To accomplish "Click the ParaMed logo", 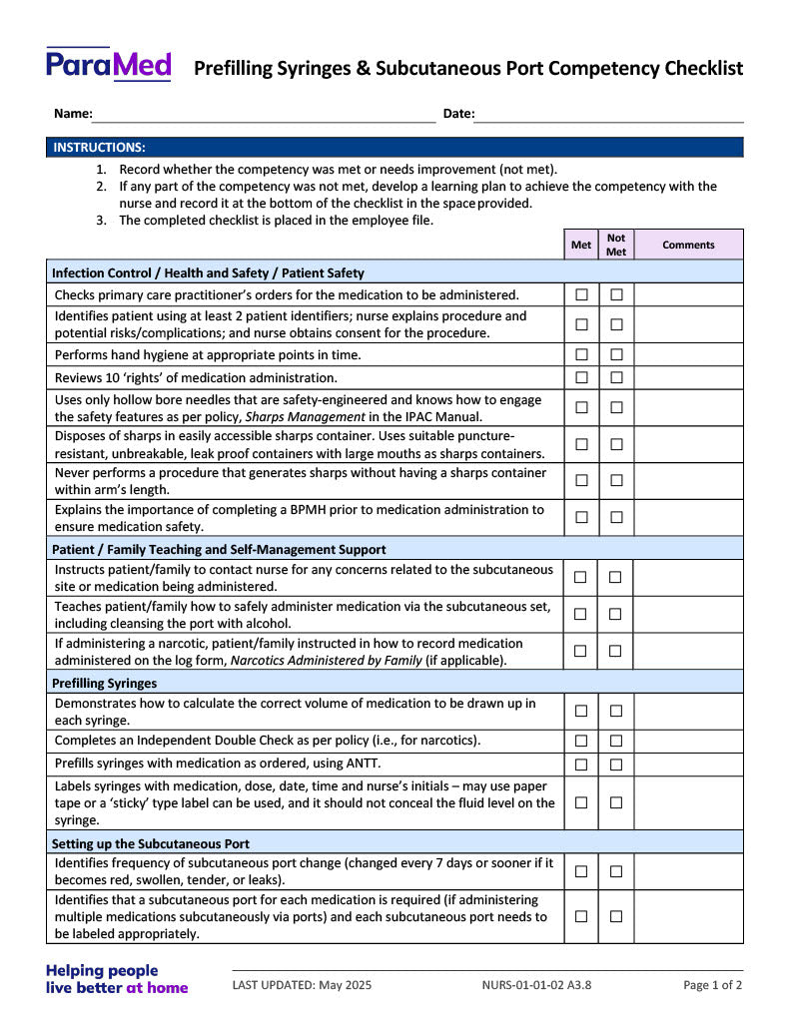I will click(x=108, y=66).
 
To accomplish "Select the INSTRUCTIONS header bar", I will click(x=395, y=148).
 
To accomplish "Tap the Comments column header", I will click(x=688, y=245).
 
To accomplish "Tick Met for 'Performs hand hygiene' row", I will click(x=581, y=354).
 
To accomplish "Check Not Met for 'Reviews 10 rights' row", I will click(x=616, y=377).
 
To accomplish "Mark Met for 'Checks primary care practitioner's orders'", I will click(x=581, y=294).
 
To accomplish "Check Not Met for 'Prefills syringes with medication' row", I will click(x=616, y=765).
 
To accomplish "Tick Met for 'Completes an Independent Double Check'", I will click(x=581, y=741).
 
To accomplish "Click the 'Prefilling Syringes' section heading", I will click(x=104, y=684).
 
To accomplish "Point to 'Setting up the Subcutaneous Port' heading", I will click(x=151, y=843).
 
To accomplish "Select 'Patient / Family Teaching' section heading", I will click(x=219, y=549).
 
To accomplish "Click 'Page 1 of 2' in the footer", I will click(x=712, y=985).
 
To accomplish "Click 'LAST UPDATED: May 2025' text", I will click(x=302, y=985).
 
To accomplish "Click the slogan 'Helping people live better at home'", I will click(x=117, y=979).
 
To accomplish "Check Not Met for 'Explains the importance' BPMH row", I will click(x=616, y=517).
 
